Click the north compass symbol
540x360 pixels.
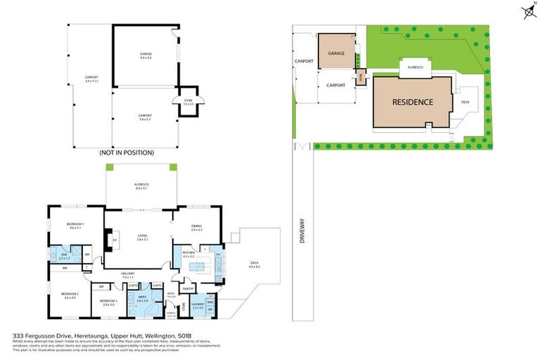click(528, 11)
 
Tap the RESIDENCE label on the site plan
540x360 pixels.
click(412, 102)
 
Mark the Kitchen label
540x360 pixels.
click(188, 255)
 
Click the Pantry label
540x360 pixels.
click(188, 288)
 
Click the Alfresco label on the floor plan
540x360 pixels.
click(141, 186)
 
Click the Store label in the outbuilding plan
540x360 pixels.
click(188, 102)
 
